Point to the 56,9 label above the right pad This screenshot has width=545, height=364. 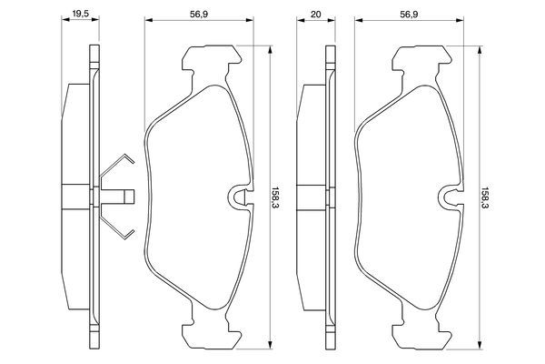pyautogui.click(x=410, y=15)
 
